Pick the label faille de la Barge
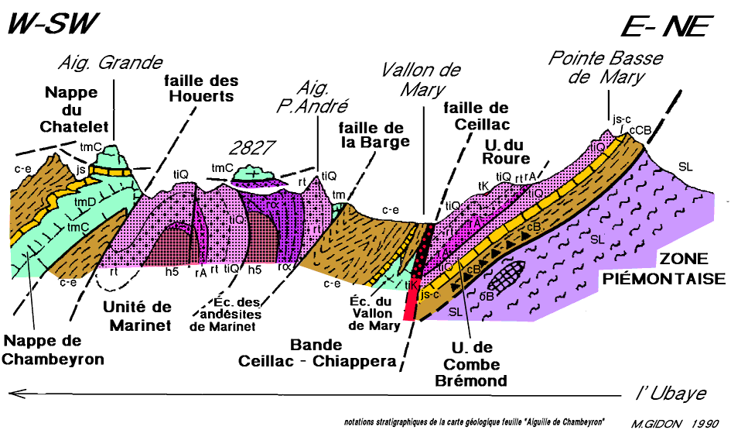374,134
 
